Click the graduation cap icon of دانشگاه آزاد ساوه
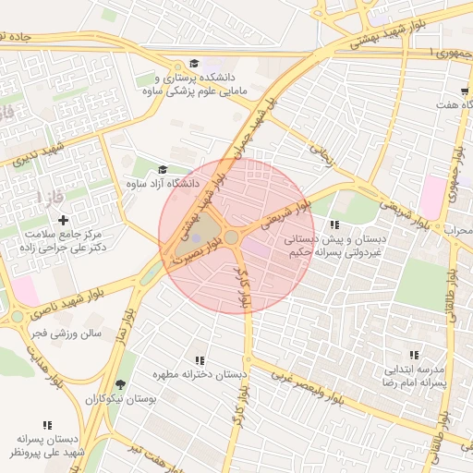(164, 169)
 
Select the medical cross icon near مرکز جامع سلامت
(63, 220)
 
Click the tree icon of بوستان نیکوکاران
(120, 384)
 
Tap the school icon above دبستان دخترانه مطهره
(200, 360)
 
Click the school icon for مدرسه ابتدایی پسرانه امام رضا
(414, 355)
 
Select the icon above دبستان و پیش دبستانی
(334, 224)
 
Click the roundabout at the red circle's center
(231, 238)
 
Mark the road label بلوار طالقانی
(455, 298)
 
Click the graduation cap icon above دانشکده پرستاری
(194, 63)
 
